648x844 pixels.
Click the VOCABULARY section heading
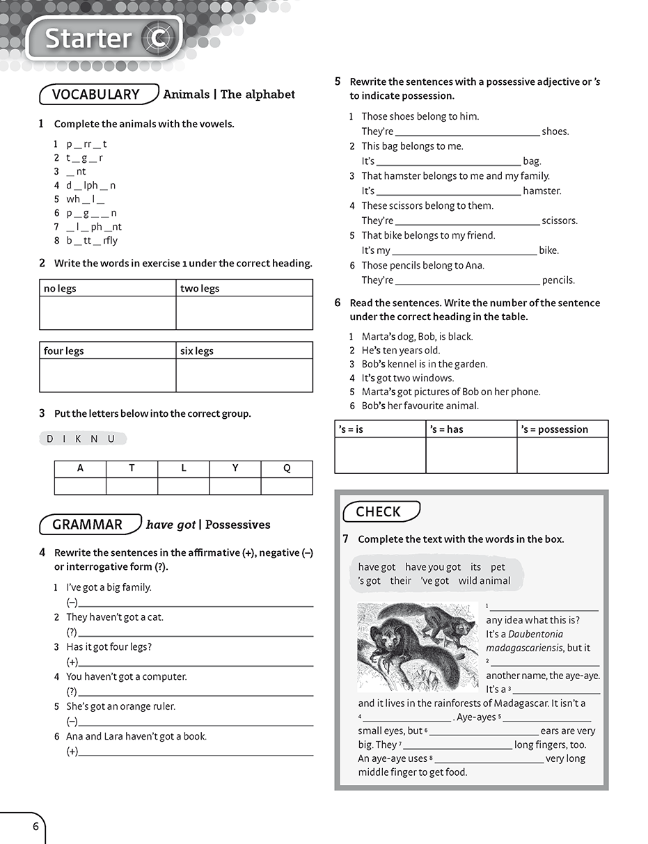pyautogui.click(x=96, y=95)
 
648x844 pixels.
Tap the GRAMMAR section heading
pyautogui.click(x=88, y=525)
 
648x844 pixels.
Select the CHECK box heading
pyautogui.click(x=379, y=512)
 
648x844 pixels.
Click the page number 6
pyautogui.click(x=35, y=827)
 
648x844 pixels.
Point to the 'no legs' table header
pyautogui.click(x=60, y=288)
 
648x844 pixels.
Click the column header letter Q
pyautogui.click(x=287, y=468)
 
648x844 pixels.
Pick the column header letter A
pyautogui.click(x=80, y=468)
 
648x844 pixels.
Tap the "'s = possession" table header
pyautogui.click(x=554, y=429)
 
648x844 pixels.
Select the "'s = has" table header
pyautogui.click(x=446, y=429)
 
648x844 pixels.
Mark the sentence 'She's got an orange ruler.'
pyautogui.click(x=120, y=706)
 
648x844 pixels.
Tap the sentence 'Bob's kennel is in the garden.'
pyautogui.click(x=425, y=364)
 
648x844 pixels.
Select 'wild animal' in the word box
pyautogui.click(x=484, y=580)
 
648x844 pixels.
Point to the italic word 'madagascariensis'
pyautogui.click(x=524, y=648)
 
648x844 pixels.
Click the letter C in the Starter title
pyautogui.click(x=157, y=39)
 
